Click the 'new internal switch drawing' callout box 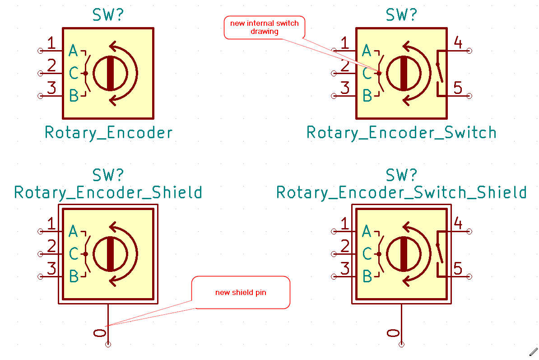(265, 28)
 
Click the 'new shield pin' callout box (241, 292)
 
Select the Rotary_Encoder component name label (109, 133)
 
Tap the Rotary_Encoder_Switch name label (401, 133)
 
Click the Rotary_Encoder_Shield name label (108, 192)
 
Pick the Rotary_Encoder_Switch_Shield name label (401, 192)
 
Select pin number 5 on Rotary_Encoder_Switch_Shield (458, 269)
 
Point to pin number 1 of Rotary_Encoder (51, 43)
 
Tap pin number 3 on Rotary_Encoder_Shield (51, 269)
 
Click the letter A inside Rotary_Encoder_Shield (73, 232)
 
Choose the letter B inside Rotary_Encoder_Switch (367, 96)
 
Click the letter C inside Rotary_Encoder (73, 73)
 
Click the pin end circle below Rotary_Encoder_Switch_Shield (401, 345)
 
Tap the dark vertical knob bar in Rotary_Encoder (110, 73)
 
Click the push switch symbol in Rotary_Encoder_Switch (439, 73)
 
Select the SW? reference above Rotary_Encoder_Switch (401, 15)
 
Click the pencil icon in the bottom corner (533, 351)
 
